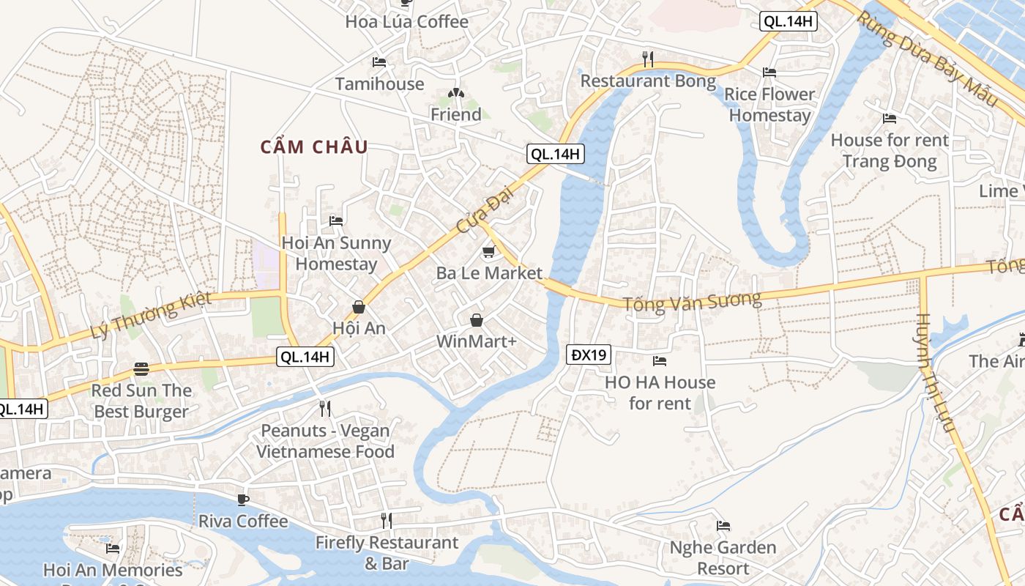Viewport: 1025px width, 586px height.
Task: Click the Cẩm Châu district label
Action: coord(314,146)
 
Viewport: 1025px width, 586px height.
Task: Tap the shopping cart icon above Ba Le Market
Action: coord(488,252)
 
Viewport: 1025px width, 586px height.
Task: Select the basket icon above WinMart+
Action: coord(477,320)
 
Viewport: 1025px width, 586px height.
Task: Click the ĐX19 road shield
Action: coord(589,355)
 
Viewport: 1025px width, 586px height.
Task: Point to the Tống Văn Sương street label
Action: coord(692,302)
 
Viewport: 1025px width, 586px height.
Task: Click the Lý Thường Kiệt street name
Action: coord(151,315)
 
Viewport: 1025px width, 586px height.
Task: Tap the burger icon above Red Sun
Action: coord(141,369)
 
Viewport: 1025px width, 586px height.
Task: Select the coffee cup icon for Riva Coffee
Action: coord(243,500)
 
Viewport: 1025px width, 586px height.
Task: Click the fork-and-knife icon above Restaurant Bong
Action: coord(647,58)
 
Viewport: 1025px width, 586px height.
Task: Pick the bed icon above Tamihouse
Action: coord(379,62)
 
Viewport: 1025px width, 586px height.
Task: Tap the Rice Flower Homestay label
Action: coord(769,105)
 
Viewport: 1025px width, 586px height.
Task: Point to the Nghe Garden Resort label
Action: coord(723,557)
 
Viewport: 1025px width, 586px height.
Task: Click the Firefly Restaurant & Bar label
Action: coord(387,553)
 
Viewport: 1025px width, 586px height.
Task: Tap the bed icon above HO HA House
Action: coord(660,360)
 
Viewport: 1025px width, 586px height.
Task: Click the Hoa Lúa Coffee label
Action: coord(406,21)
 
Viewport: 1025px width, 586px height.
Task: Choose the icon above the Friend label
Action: coord(455,93)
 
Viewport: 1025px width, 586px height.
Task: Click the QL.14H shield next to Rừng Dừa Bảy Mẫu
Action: coord(788,21)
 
